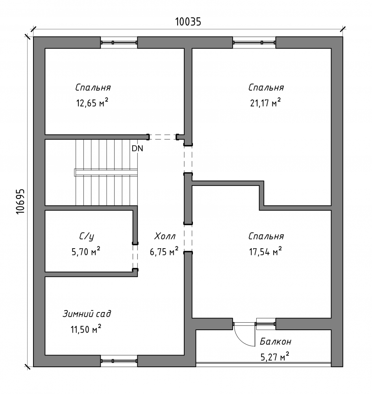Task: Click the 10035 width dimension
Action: point(188,22)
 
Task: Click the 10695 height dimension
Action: point(20,201)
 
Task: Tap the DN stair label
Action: point(137,149)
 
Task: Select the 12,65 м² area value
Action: point(92,103)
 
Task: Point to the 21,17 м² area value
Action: point(265,103)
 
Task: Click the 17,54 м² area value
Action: point(265,251)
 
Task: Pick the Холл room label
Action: point(165,236)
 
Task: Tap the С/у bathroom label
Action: point(87,236)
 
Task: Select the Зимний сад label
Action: point(87,314)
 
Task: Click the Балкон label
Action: point(276,342)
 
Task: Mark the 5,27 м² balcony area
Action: point(275,357)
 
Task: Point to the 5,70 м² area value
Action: point(86,251)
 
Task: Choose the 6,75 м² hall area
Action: point(164,251)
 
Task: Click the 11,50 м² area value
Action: point(86,329)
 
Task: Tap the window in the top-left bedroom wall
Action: point(119,43)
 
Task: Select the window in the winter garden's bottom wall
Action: point(119,361)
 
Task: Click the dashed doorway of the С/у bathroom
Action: point(135,256)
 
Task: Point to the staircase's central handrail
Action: point(106,173)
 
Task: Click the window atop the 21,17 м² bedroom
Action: point(254,43)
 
